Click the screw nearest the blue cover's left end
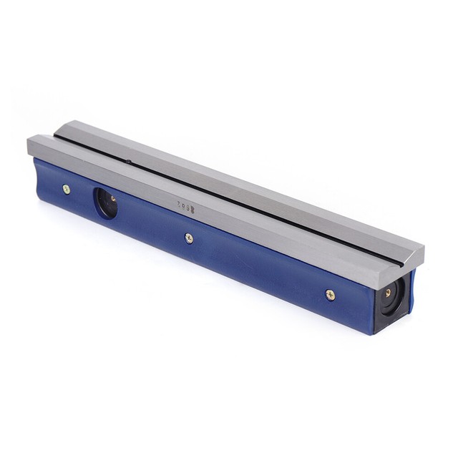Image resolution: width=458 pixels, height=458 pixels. click(x=67, y=189)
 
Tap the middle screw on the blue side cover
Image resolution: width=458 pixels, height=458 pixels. click(x=189, y=238)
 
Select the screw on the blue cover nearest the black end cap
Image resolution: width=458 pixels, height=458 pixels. click(x=330, y=293)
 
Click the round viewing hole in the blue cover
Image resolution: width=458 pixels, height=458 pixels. click(x=105, y=203)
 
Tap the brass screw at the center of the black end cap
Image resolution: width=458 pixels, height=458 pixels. click(x=388, y=293)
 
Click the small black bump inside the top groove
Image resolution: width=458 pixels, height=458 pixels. click(x=127, y=162)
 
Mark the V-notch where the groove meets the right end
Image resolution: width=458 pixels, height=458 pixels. click(x=407, y=255)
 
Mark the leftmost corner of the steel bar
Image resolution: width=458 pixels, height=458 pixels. click(x=28, y=142)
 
